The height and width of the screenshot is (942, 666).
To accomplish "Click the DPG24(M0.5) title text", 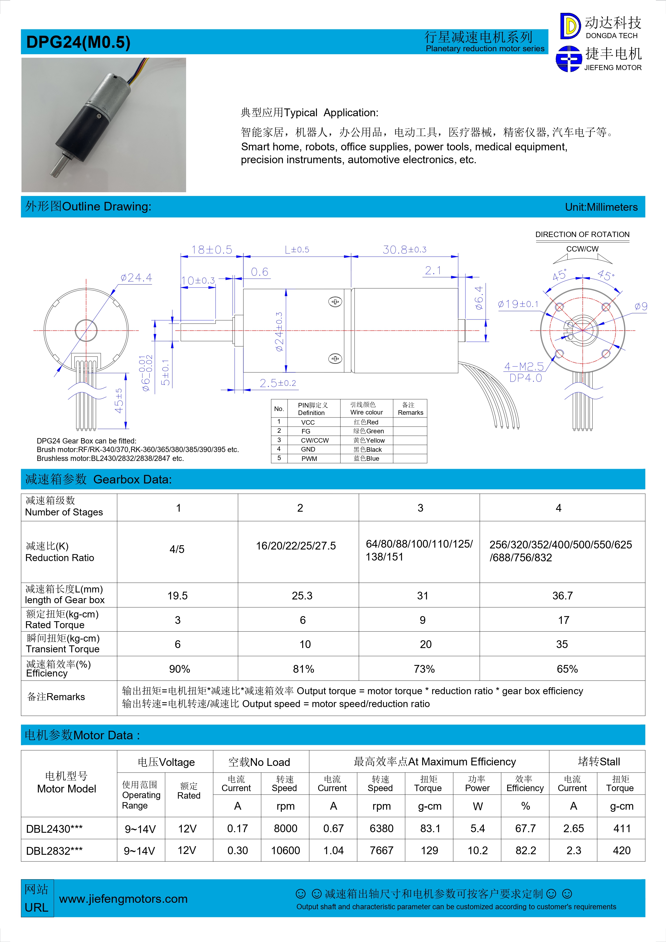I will point(78,42).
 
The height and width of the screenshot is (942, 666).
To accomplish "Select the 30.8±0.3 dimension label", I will point(404,249).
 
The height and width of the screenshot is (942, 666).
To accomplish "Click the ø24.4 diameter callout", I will point(136,278).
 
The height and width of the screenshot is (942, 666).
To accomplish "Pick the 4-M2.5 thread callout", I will point(524,366).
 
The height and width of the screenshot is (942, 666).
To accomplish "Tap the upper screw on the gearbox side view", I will point(335,302).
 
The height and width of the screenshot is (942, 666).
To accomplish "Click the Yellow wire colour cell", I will point(369,440).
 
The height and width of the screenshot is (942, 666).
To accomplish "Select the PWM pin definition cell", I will point(309,459).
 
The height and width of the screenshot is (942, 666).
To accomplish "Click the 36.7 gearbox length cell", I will point(562,596).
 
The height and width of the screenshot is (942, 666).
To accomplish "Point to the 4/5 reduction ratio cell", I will point(177,549).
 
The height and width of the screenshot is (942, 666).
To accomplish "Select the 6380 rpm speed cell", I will point(381,828).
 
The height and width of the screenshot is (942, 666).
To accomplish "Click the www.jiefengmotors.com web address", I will point(123,899).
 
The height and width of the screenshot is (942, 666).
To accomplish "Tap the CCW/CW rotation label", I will point(582,249).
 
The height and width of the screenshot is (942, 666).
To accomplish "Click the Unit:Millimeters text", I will point(601,207).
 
